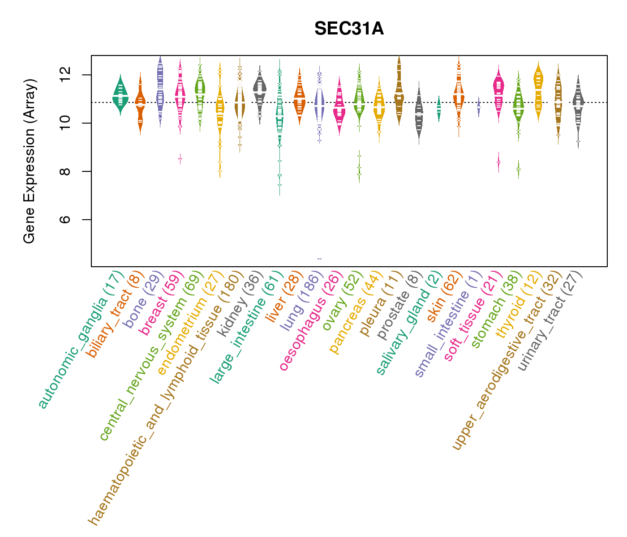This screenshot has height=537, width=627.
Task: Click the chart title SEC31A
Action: (x=349, y=29)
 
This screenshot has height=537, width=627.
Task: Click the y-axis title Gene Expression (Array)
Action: (x=30, y=161)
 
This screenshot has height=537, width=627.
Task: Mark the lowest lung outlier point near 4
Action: (x=319, y=259)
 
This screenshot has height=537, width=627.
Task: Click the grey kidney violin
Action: (x=259, y=89)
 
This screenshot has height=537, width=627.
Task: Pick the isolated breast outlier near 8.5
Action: (x=180, y=158)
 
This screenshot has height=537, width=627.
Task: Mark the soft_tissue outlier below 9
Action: (x=498, y=162)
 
